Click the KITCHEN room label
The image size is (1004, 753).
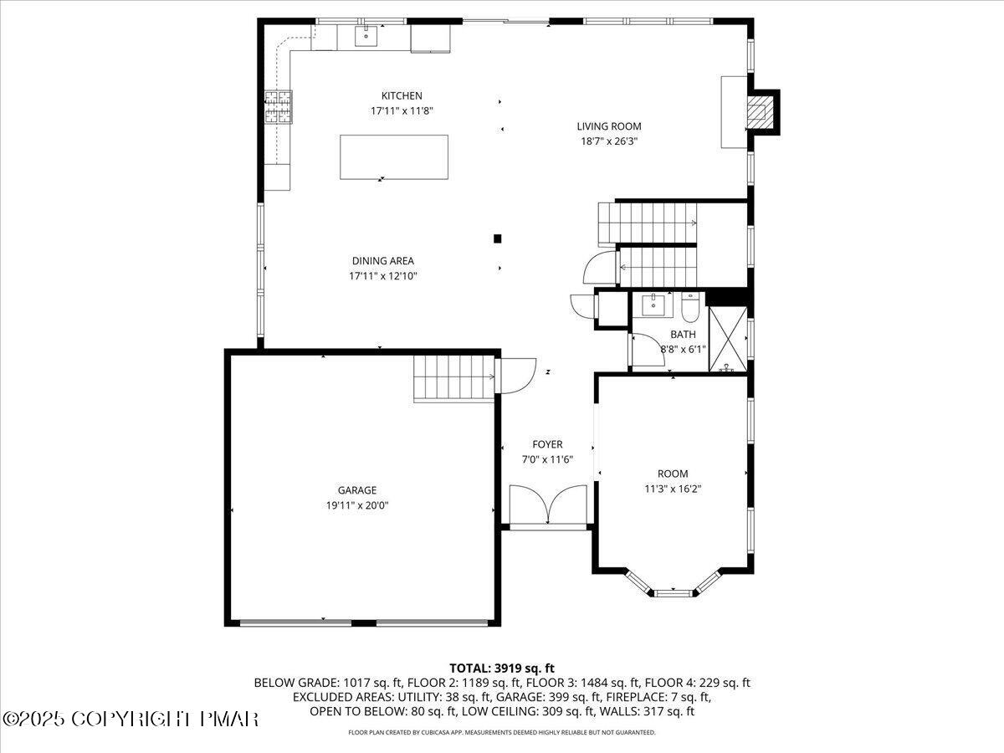[x=402, y=96]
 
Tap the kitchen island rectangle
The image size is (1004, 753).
[x=393, y=156]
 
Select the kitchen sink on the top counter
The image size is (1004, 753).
[x=366, y=36]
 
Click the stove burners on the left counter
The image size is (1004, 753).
[x=279, y=106]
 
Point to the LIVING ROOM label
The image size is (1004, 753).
[x=608, y=127]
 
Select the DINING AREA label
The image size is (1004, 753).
[x=382, y=261]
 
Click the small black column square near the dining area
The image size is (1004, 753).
[x=497, y=238]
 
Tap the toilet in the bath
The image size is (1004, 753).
[x=690, y=307]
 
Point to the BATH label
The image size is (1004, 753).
[x=683, y=335]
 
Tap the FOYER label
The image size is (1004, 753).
[x=547, y=445]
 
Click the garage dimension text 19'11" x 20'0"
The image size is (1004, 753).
[x=357, y=505]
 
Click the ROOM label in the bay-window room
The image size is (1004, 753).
[x=672, y=474]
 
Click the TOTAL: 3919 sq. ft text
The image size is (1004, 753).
[x=502, y=668]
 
